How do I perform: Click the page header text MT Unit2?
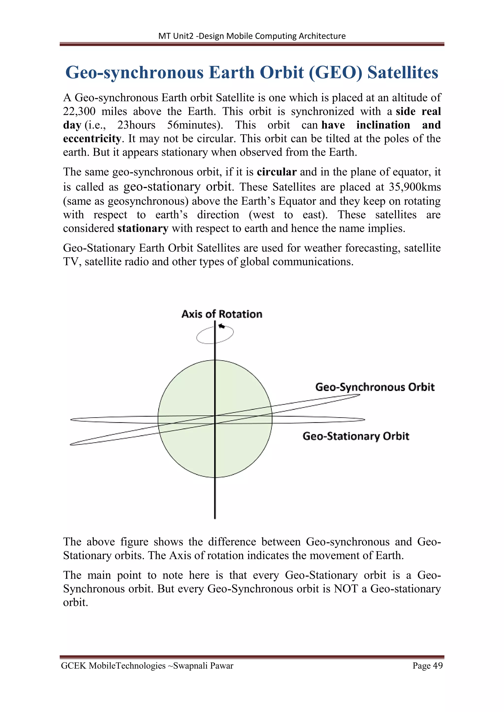(x=176, y=36)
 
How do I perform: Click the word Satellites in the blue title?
(x=403, y=73)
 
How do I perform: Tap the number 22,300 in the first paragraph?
(x=79, y=111)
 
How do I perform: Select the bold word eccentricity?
(x=92, y=139)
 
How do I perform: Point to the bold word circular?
(x=277, y=172)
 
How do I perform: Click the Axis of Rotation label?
(x=221, y=314)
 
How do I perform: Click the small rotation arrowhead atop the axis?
(x=221, y=326)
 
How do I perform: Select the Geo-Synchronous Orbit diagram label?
(x=375, y=387)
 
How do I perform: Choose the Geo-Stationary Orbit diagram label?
(x=356, y=436)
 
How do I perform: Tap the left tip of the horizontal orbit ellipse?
(x=72, y=420)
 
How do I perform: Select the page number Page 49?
(x=427, y=666)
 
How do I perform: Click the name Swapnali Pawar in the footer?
(x=203, y=666)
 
